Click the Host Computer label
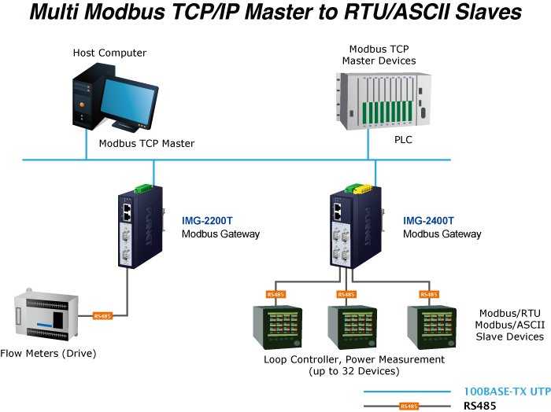pos(110,53)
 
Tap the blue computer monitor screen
pos(127,99)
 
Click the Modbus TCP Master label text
pos(146,143)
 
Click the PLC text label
pos(403,141)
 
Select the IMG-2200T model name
pos(208,221)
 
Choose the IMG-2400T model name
pos(428,221)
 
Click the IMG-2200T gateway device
pos(140,226)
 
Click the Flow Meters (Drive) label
pos(49,354)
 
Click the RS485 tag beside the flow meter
pos(102,316)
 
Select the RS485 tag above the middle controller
pos(346,295)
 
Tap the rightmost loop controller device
pos(430,327)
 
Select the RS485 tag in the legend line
pos(408,406)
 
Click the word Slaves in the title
pos(483,13)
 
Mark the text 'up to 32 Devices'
pos(354,371)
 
